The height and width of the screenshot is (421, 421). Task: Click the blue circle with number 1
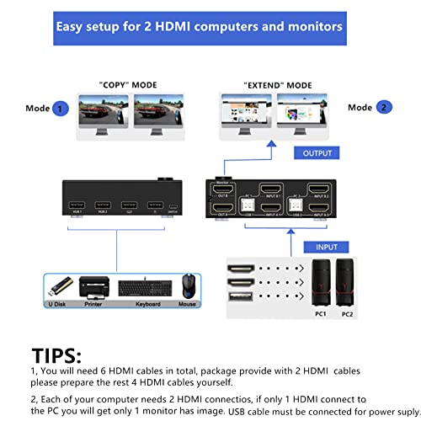(60, 108)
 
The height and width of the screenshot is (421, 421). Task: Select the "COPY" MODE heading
(126, 85)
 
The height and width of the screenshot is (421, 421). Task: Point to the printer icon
(94, 286)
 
